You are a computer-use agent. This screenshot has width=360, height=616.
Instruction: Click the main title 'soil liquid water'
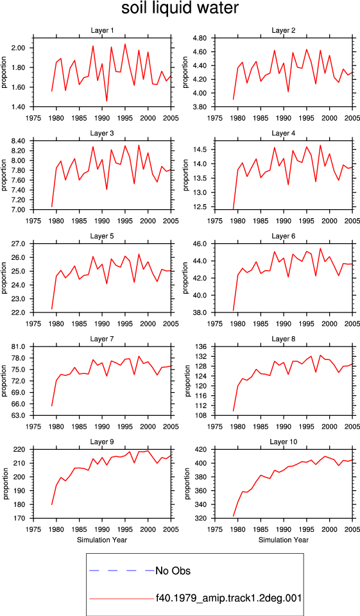click(180, 8)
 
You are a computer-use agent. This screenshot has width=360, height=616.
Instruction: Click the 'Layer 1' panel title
click(102, 31)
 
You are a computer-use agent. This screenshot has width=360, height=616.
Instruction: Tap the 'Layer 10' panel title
click(284, 442)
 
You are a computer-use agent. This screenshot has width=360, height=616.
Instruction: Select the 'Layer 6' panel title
click(284, 236)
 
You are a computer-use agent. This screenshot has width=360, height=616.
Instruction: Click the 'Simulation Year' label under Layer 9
click(102, 540)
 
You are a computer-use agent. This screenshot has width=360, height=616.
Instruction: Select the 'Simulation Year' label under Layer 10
click(284, 540)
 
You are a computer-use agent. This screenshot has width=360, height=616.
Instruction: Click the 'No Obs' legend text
click(173, 570)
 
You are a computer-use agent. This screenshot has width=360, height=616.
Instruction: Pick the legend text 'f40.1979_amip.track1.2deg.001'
click(228, 598)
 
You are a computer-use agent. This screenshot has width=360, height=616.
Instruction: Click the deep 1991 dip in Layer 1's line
click(107, 101)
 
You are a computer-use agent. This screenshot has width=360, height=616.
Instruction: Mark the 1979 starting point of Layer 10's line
click(234, 516)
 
